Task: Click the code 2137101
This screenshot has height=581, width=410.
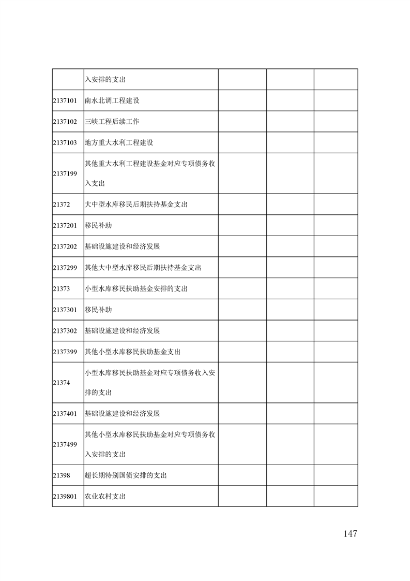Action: coord(65,100)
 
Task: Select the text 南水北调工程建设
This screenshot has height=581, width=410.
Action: coord(112,100)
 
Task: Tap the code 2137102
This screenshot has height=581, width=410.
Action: coord(65,122)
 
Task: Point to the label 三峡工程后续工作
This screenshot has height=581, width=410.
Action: coord(112,122)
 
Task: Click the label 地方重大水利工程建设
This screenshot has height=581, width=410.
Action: coord(119,142)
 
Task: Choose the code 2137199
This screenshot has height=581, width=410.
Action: coord(65,173)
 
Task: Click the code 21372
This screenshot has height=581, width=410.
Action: coord(61,205)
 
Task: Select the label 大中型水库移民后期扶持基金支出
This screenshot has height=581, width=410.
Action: coord(136,205)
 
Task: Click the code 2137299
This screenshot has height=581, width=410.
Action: coord(65,268)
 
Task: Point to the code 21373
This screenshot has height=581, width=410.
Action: coord(61,288)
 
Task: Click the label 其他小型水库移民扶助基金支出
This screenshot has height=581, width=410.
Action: coord(132,352)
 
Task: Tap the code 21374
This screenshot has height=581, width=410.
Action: coord(61,383)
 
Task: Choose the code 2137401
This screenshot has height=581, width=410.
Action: coord(65,414)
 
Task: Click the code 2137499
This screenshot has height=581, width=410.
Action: coord(65,444)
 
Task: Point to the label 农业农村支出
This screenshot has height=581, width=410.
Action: coord(105,497)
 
